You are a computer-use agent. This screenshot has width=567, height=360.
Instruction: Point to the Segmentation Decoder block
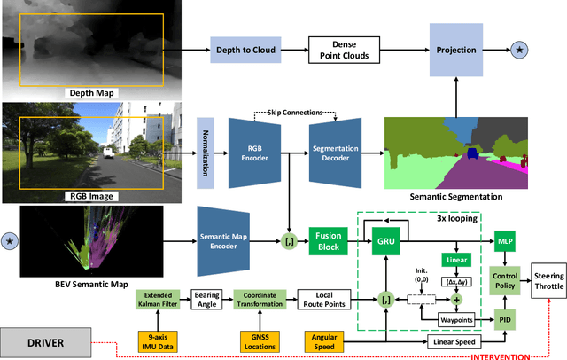pos(337,146)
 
